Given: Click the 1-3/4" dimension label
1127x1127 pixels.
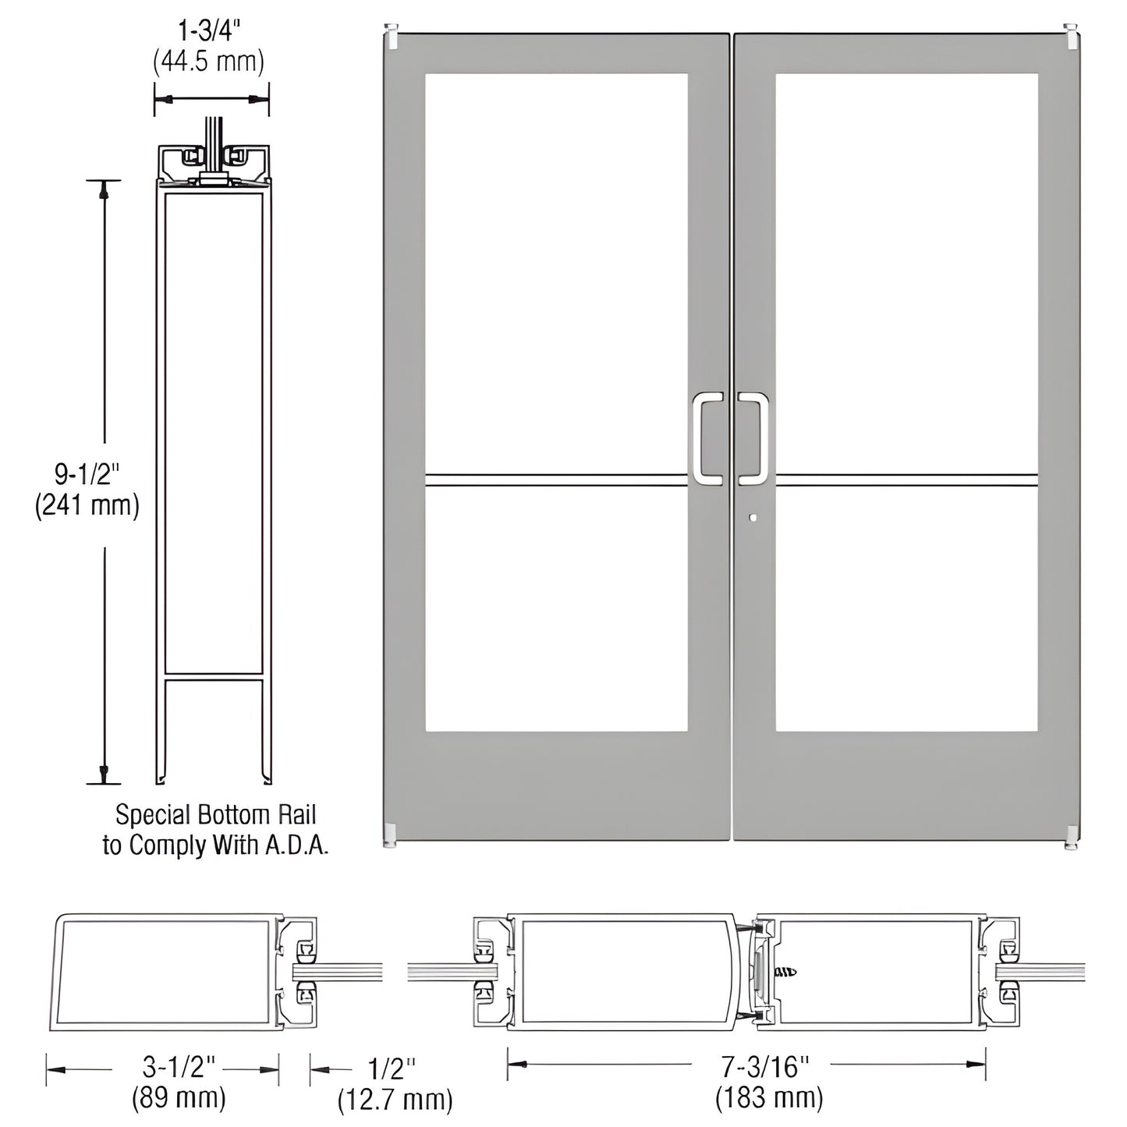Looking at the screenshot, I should (x=209, y=30).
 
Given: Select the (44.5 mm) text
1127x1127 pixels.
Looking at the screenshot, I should (x=209, y=60).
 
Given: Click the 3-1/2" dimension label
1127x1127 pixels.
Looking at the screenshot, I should (x=179, y=1065).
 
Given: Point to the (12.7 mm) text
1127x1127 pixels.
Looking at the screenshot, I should (x=395, y=1100).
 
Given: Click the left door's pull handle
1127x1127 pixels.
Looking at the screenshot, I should (x=707, y=438).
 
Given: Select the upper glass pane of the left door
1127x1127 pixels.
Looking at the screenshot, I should (x=556, y=273).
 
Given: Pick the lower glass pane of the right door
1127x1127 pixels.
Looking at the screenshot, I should (x=906, y=608).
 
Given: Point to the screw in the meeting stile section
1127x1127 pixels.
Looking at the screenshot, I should (x=786, y=972).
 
